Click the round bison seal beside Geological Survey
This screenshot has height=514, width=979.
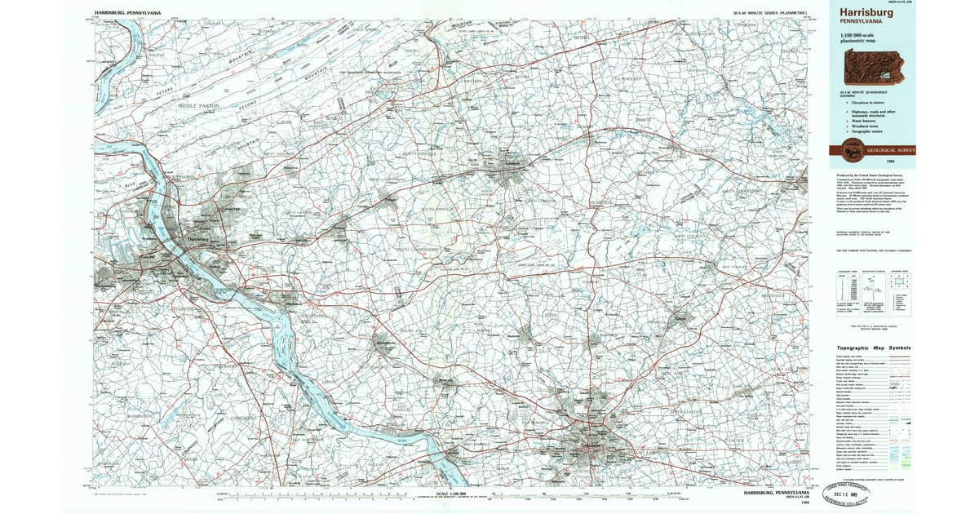[x=853, y=149]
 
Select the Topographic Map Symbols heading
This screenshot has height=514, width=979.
[x=875, y=348]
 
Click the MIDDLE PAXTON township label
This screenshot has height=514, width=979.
[x=199, y=106]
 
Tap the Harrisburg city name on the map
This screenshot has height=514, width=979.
[x=197, y=238]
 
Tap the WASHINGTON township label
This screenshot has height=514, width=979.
[x=120, y=415]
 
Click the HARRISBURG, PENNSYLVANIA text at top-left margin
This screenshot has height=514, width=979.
[x=127, y=14]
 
